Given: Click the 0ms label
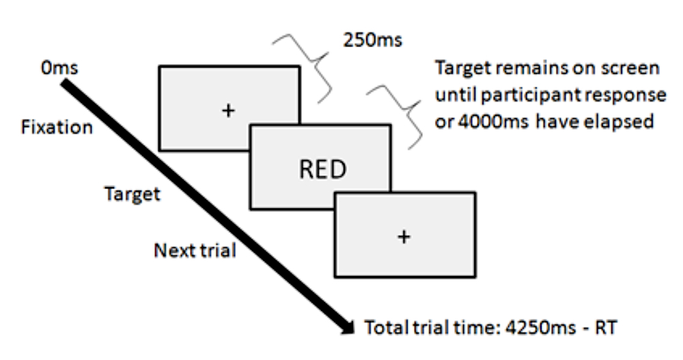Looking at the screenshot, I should point(59,68).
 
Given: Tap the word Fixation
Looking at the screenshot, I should point(57,127).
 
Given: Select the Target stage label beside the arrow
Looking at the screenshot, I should point(132,194).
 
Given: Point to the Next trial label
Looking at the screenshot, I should point(195,250).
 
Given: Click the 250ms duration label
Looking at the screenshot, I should point(372,40).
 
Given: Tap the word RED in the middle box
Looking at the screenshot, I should point(323,169).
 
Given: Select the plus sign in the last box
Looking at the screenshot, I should point(404,236).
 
